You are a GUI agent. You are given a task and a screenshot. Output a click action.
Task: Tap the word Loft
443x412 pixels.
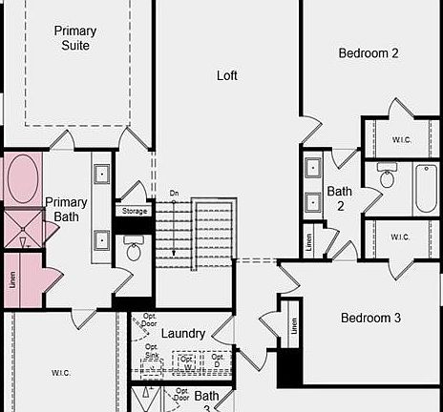[227, 75]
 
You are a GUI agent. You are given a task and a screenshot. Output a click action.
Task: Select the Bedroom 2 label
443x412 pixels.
[369, 53]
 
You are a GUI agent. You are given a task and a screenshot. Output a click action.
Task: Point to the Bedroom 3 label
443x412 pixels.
[370, 318]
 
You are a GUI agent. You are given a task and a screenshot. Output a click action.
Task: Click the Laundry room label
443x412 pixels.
[183, 334]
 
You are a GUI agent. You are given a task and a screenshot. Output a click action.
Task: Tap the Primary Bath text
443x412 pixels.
[66, 210]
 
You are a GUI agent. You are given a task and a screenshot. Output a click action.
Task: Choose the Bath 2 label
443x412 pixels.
[340, 197]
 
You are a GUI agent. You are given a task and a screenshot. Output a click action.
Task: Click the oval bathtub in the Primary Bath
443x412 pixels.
[23, 180]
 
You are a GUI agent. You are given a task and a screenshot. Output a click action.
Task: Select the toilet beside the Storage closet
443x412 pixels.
[134, 251]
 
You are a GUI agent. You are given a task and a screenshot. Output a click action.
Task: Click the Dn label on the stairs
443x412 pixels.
[174, 194]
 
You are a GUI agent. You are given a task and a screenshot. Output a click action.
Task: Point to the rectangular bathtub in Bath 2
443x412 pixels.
[424, 189]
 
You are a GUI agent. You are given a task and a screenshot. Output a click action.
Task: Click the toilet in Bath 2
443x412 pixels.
[387, 177]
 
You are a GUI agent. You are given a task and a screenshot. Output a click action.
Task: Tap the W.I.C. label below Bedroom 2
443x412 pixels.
[401, 139]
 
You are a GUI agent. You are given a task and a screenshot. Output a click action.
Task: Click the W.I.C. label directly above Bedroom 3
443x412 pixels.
[400, 237]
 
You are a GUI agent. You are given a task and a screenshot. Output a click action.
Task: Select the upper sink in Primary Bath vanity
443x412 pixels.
[102, 175]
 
